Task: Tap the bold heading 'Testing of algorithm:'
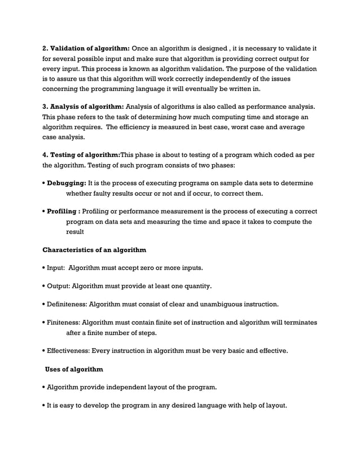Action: pyautogui.click(x=85, y=156)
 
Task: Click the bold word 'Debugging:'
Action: pyautogui.click(x=66, y=184)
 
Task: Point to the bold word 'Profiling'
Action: pyautogui.click(x=63, y=212)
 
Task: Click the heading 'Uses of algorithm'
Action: pyautogui.click(x=74, y=370)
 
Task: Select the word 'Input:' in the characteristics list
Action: pyautogui.click(x=58, y=267)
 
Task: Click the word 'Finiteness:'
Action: pyautogui.click(x=64, y=323)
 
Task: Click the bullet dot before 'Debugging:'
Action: pyautogui.click(x=44, y=184)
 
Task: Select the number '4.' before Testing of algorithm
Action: pyautogui.click(x=46, y=156)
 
